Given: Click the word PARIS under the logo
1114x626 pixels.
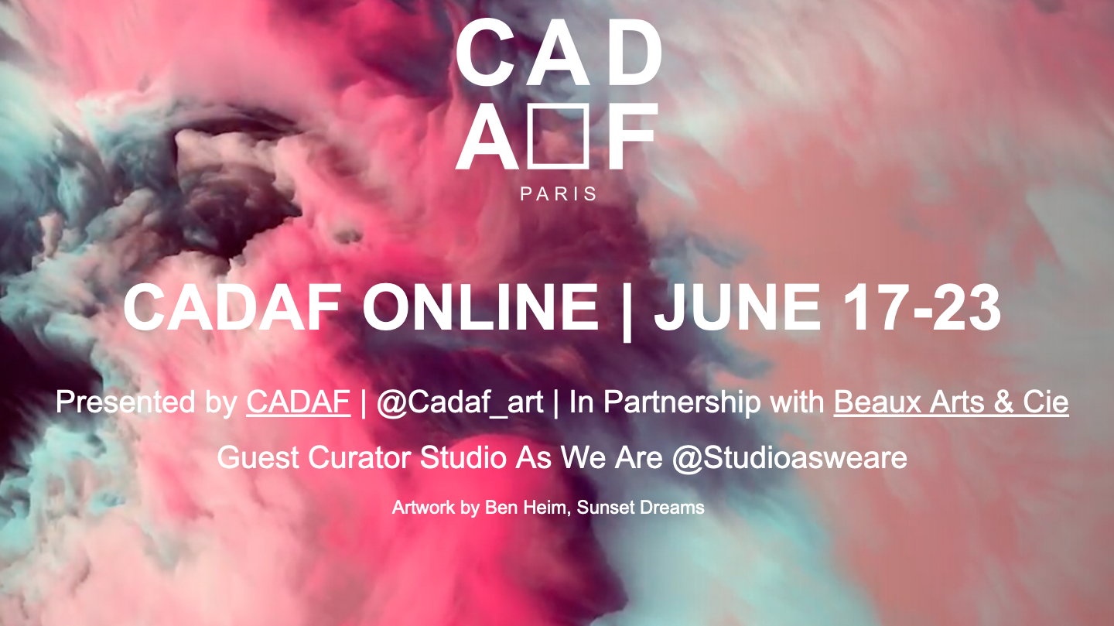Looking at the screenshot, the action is (558, 193).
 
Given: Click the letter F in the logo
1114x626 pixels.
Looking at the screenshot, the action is (630, 136).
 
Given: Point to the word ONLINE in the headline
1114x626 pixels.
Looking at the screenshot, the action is (480, 307).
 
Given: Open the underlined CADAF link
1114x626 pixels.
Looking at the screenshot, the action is (299, 402).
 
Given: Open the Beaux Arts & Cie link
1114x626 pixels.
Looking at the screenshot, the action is (951, 402).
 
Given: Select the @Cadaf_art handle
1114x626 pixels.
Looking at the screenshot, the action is (460, 403).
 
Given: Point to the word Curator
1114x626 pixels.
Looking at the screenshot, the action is (360, 457).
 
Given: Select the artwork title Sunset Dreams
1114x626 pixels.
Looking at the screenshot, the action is (641, 508).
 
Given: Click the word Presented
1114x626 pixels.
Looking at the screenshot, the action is (125, 402).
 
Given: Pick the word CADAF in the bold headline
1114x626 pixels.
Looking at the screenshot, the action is (232, 307).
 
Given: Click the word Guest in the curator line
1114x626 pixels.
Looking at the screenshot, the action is (258, 457).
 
